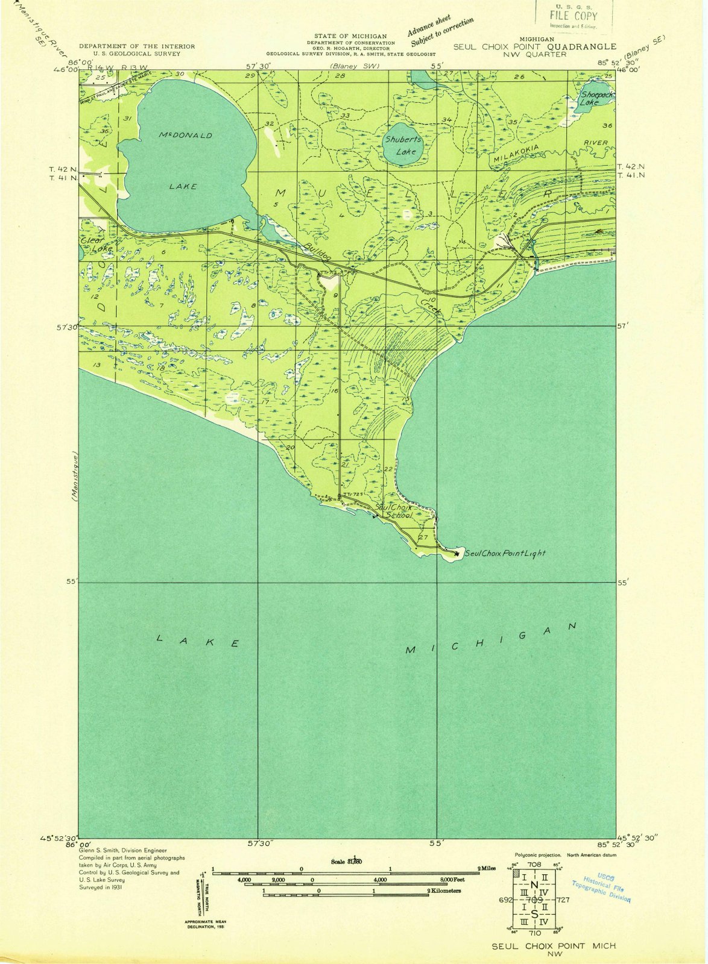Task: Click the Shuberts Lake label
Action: point(403,145)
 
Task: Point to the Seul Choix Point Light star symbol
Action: point(457,553)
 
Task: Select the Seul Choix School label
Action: point(394,512)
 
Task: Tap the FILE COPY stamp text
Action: point(573,16)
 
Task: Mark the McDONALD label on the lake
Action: point(185,135)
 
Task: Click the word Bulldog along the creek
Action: point(317,252)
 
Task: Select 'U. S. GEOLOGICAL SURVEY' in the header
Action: point(137,54)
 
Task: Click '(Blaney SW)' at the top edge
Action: point(354,65)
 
